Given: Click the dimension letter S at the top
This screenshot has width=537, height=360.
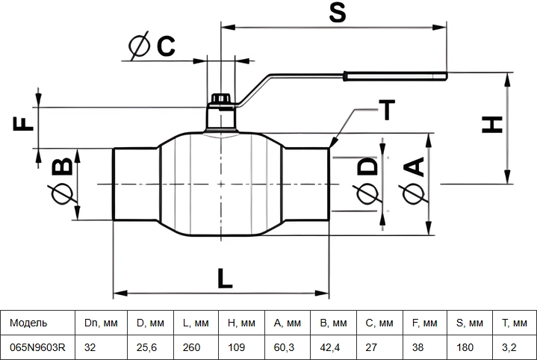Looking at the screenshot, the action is [338, 12].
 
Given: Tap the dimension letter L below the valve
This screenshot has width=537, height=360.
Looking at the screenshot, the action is [225, 278].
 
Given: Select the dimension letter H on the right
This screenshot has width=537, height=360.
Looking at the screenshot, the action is [492, 125].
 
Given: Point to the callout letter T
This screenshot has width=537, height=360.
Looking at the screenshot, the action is [387, 110].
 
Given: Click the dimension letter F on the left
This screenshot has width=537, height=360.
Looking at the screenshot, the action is [23, 124].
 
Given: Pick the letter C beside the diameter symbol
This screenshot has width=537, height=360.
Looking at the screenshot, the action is [166, 46].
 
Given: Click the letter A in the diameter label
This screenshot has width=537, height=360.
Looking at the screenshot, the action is [415, 167].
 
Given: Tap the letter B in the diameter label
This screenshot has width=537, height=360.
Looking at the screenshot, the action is [62, 167].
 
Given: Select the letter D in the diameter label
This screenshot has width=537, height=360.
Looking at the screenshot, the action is [367, 167].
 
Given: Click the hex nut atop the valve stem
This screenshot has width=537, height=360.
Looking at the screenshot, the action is [220, 99].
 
